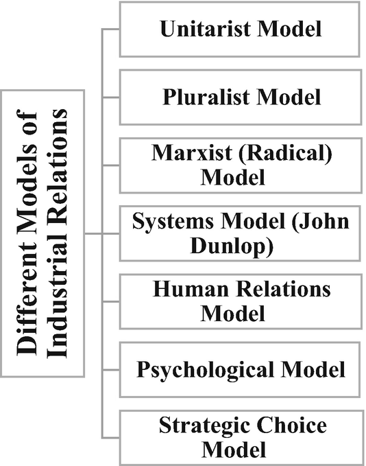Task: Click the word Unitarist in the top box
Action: pyautogui.click(x=199, y=30)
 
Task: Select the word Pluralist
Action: pyautogui.click(x=199, y=97)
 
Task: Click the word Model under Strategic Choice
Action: pyautogui.click(x=233, y=450)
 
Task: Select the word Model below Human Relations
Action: pyautogui.click(x=233, y=314)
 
